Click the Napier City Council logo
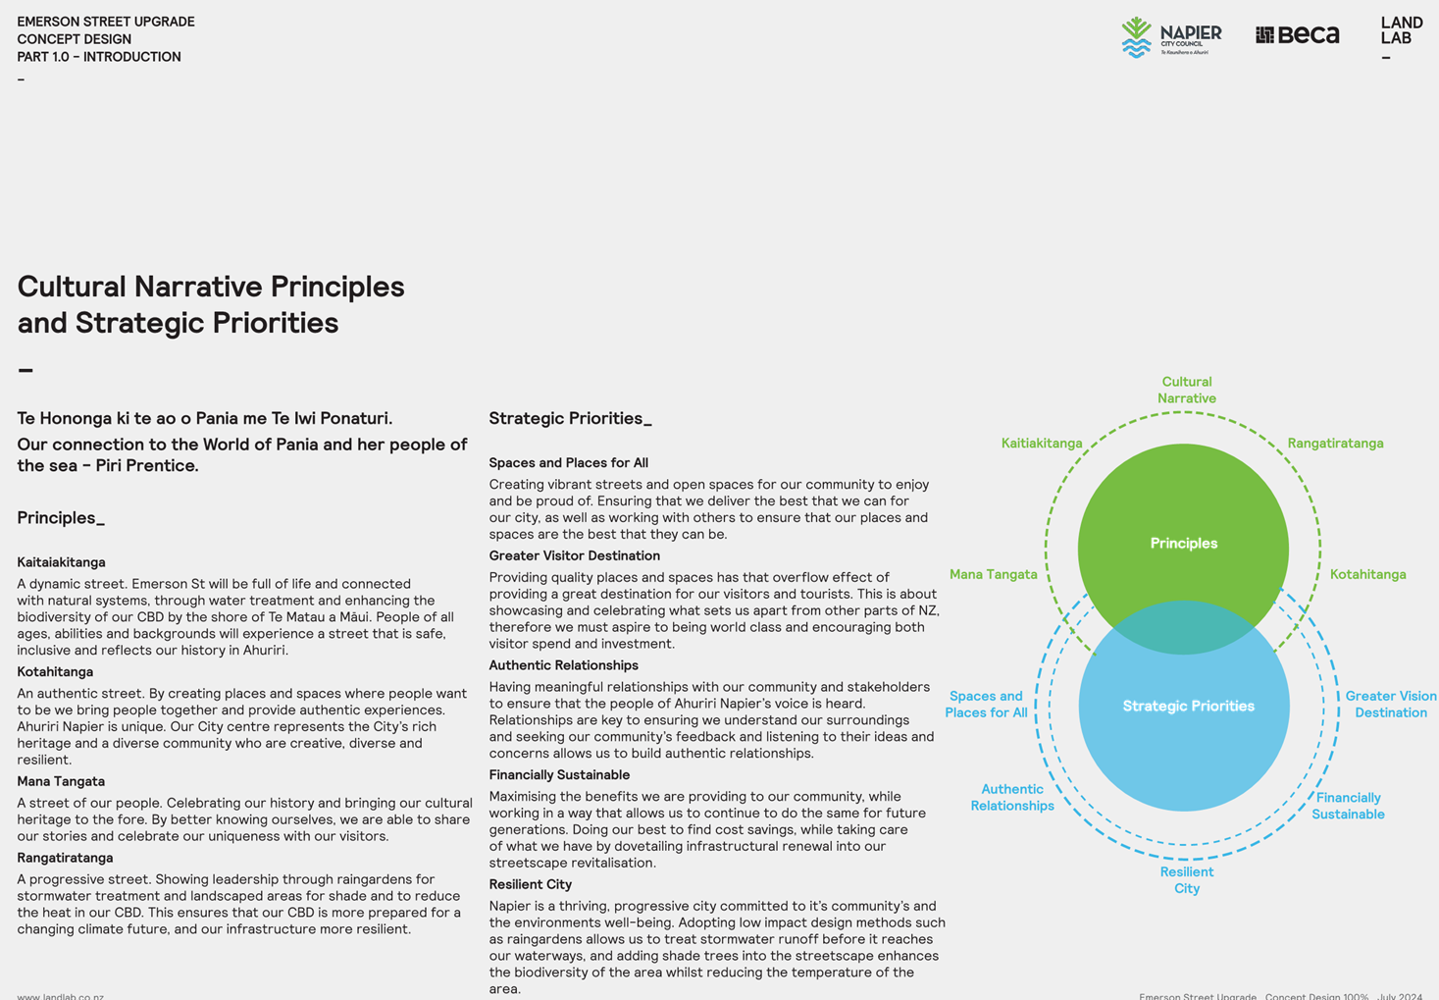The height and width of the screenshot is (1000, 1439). coord(1171,37)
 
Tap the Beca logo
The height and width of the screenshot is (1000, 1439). coord(1297,34)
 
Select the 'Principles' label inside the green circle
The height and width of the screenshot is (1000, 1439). coord(1183,543)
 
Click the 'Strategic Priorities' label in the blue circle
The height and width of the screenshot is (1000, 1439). coord(1188,706)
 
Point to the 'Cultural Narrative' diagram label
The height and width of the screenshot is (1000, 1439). coord(1187,391)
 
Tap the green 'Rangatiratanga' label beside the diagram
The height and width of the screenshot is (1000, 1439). coord(1335,444)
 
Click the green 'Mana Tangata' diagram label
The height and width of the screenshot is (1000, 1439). coord(993,574)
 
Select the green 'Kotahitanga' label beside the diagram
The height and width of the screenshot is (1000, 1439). coord(1367,574)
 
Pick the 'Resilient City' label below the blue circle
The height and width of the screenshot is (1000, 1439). coord(1187,880)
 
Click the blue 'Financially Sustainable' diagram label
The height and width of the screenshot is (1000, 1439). coord(1348,806)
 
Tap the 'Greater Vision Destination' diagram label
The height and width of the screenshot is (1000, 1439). coord(1391,705)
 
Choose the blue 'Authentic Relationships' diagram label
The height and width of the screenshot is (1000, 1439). coord(1011,798)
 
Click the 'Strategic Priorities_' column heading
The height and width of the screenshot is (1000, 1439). coord(570,419)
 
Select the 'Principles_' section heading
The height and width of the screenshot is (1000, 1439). coord(61,518)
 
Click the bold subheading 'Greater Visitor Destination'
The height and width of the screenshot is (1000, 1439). coord(574,555)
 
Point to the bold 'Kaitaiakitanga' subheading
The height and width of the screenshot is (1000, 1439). coord(61,562)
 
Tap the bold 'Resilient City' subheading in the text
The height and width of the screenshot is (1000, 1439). coord(530,884)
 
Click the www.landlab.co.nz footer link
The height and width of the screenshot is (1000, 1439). coord(61,996)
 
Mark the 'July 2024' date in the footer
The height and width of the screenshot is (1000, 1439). coord(1400,996)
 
